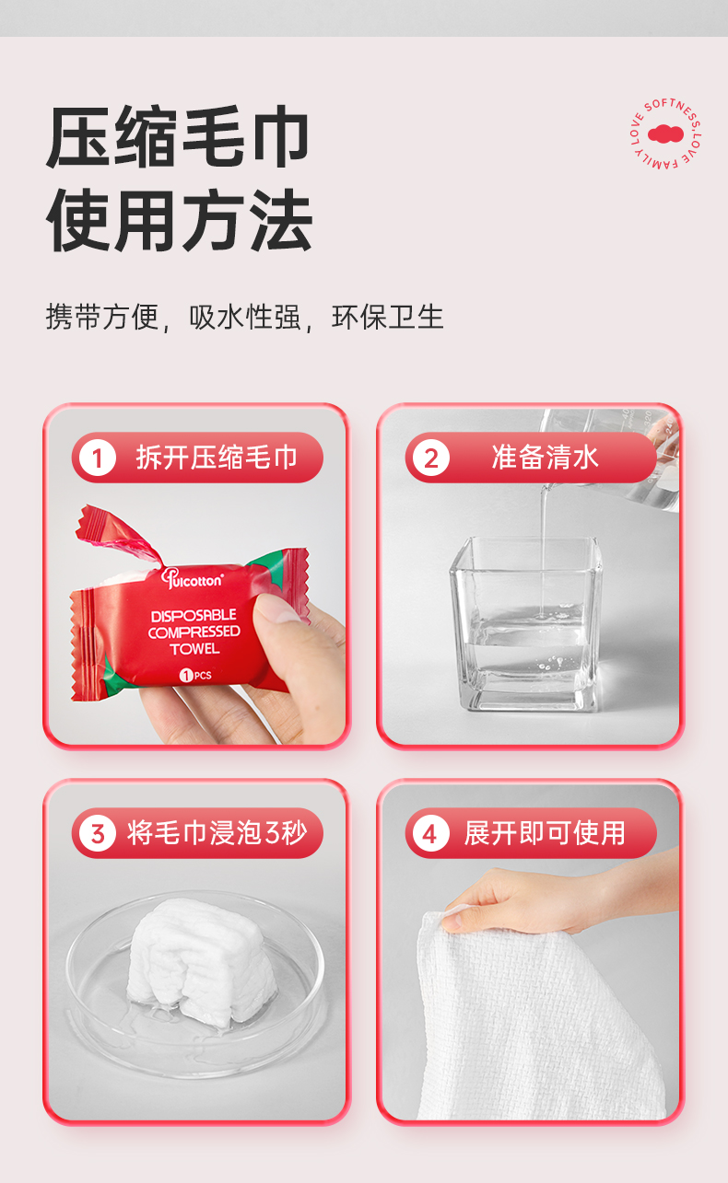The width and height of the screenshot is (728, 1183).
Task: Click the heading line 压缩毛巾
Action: coord(178,138)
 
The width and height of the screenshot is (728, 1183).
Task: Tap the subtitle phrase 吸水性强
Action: coord(245,317)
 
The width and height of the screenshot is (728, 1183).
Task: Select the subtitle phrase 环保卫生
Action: coord(388,317)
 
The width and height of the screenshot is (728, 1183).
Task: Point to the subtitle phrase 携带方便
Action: coord(101,317)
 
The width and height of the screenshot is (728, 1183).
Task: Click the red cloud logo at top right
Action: coord(665,134)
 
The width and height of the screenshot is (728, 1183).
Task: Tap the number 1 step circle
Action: coord(98,458)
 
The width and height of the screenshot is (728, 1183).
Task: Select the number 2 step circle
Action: coord(430,458)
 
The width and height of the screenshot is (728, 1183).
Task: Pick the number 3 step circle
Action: coord(98,833)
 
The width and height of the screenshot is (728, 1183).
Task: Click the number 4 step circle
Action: coord(430,833)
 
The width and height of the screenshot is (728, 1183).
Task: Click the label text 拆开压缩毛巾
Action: coord(217,458)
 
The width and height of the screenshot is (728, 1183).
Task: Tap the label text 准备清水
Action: coord(545,458)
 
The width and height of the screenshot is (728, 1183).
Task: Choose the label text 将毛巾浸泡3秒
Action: coord(217,833)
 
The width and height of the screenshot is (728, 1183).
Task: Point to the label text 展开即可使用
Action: coord(545,833)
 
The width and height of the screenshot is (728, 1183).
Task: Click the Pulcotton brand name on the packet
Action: coord(193,578)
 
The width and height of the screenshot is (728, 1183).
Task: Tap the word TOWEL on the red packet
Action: coord(194,649)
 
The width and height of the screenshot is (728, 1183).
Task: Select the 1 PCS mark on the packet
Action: coord(194,675)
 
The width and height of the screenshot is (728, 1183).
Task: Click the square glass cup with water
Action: coord(525,626)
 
